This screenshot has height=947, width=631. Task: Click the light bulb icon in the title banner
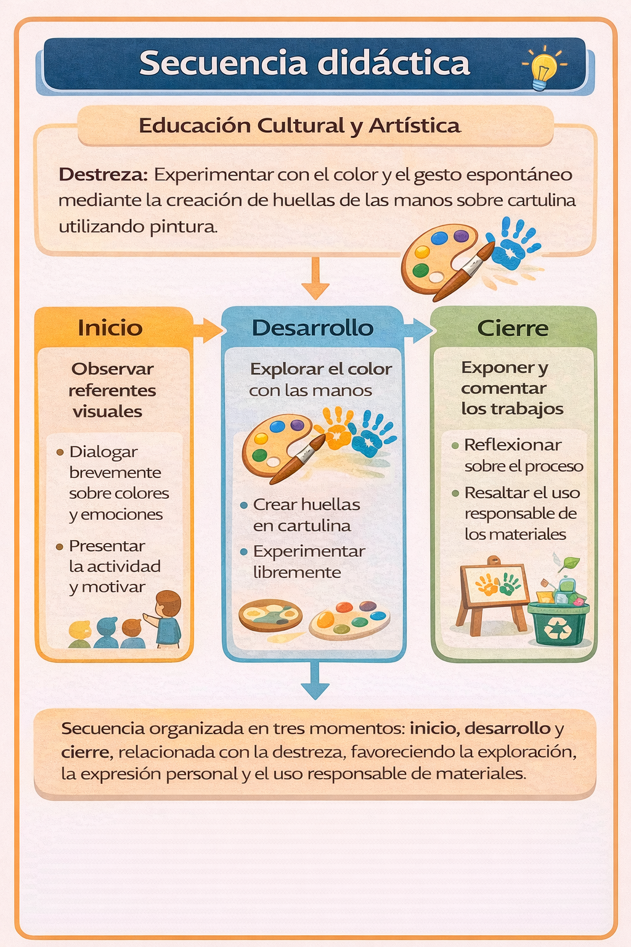(x=544, y=68)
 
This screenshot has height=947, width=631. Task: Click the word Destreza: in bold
(x=103, y=174)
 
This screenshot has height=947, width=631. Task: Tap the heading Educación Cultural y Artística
(x=299, y=126)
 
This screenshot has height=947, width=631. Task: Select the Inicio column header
(x=110, y=328)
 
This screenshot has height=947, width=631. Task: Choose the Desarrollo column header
(x=313, y=328)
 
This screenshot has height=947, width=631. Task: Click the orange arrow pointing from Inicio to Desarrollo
(x=207, y=330)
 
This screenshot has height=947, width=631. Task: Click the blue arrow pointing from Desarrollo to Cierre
(x=418, y=330)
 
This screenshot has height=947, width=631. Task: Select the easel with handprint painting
(x=493, y=596)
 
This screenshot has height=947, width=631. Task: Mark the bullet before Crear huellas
(x=244, y=505)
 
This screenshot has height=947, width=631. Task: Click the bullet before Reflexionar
(x=455, y=446)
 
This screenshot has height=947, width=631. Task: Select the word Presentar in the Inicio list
(x=107, y=546)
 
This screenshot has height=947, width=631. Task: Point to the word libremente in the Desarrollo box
(x=297, y=572)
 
